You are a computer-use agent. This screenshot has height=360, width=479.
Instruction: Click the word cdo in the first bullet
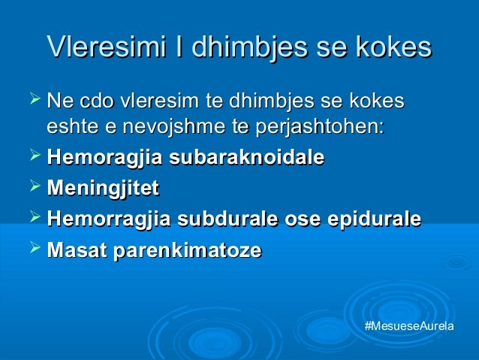[x=95, y=100]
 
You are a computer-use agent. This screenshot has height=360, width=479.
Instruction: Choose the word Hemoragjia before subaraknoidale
[x=105, y=159]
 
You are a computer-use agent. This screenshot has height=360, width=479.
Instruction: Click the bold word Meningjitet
[x=103, y=189]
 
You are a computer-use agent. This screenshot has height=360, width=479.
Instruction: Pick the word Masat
[x=77, y=250]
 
